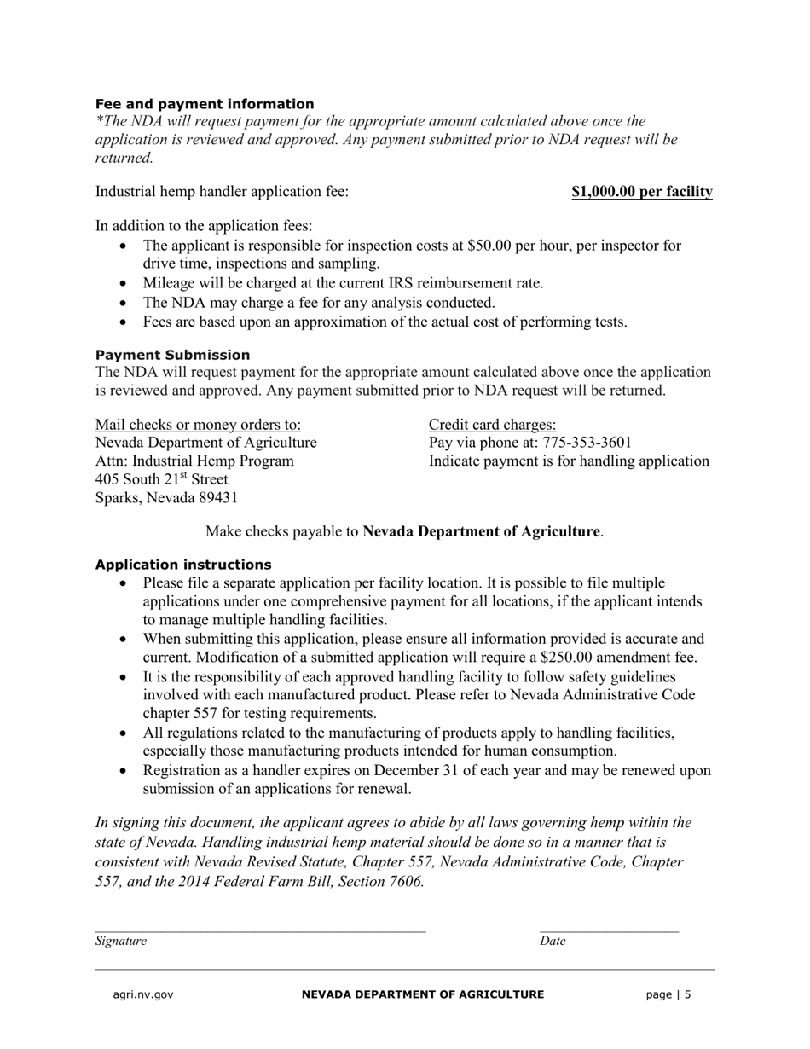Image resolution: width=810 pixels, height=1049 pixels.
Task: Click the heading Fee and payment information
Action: click(205, 104)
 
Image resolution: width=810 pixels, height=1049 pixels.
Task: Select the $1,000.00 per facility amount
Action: click(641, 192)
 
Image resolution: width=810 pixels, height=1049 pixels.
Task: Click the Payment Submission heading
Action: click(172, 355)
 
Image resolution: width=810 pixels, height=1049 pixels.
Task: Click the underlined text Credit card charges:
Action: click(492, 425)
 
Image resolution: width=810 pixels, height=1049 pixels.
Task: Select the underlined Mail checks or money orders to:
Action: click(198, 425)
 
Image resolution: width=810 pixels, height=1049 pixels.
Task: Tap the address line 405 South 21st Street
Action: click(161, 479)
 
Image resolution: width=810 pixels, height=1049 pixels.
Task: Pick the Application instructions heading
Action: click(183, 565)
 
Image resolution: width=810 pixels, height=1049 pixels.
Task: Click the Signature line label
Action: click(120, 941)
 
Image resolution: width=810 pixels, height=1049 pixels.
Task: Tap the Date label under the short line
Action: click(553, 941)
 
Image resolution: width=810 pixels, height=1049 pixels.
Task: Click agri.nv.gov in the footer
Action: click(143, 994)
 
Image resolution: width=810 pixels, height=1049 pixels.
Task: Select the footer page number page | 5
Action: click(668, 994)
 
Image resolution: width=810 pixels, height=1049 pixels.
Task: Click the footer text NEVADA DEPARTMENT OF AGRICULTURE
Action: click(423, 994)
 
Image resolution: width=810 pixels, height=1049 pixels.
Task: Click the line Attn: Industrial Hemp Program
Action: click(194, 461)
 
